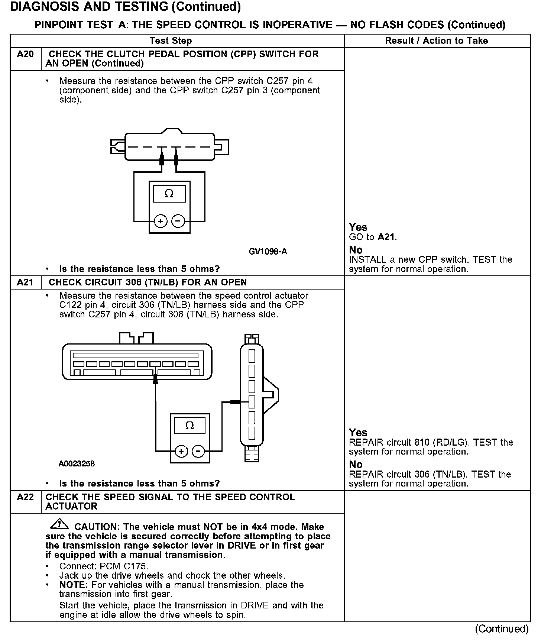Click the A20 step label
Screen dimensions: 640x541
pos(25,55)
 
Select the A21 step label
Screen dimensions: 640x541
pos(25,282)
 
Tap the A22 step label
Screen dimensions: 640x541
pos(25,497)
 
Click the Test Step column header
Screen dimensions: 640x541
pos(171,41)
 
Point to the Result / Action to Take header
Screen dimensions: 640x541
pos(436,41)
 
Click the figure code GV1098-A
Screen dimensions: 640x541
pos(268,252)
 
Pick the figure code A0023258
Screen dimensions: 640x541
pos(77,463)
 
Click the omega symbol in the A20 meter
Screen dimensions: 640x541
pos(169,194)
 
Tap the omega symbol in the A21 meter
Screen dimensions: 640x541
pos(189,426)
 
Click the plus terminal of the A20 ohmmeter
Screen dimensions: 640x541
pos(161,222)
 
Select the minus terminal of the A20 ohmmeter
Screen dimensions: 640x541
pos(178,222)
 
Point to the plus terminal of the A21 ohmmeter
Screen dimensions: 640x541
pos(181,452)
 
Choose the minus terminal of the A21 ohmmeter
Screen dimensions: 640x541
pos(198,452)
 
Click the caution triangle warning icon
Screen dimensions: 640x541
pos(59,524)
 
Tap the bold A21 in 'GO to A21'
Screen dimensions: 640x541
pos(386,237)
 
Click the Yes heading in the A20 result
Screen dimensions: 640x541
pos(358,227)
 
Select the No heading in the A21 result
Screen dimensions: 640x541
pos(356,465)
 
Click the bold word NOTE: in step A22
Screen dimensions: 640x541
pos(71,585)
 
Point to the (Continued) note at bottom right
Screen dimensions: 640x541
pos(502,629)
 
